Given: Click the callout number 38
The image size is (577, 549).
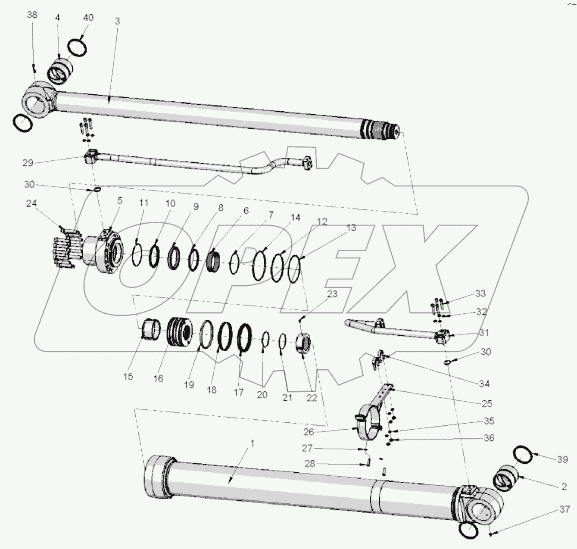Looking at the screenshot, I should (x=32, y=15).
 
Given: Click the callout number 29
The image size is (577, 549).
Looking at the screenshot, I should (x=28, y=163).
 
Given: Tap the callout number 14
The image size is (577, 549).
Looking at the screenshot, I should (x=295, y=218).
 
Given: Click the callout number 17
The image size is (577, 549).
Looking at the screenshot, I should (x=239, y=392).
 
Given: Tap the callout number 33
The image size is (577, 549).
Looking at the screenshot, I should (x=480, y=293).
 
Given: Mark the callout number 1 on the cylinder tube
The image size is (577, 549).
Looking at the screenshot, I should (x=253, y=443).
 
